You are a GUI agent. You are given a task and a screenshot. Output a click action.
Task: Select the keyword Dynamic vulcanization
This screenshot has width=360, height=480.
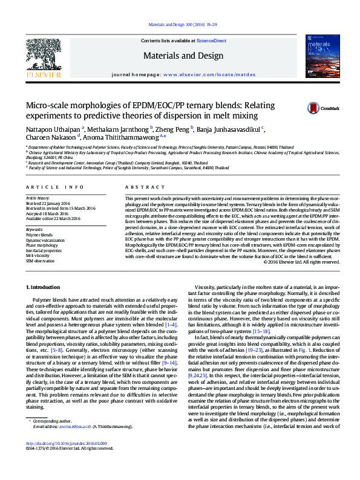pyautogui.click(x=42, y=241)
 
